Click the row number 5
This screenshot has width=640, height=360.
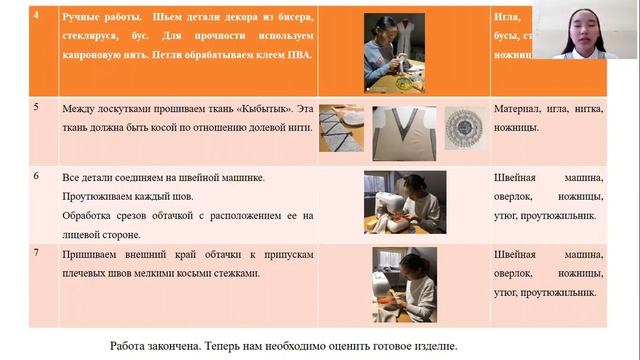point(38,107)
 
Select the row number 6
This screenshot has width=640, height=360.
point(38,176)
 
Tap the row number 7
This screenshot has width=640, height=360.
point(38,252)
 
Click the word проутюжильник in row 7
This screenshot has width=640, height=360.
point(556,290)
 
